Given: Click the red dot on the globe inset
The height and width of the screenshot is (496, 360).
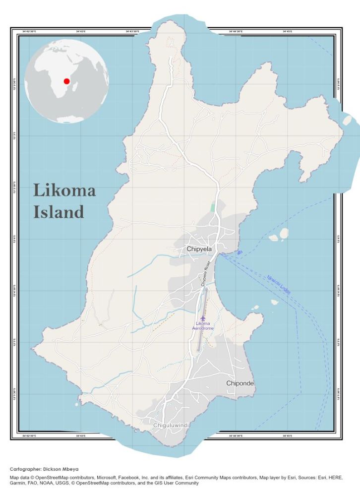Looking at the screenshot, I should [66, 81].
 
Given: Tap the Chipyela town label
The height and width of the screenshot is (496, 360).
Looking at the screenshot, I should [199, 248].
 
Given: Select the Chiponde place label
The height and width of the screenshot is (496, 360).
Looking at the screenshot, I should [240, 383].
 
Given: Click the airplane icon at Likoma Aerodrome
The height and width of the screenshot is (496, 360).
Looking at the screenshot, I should [203, 317].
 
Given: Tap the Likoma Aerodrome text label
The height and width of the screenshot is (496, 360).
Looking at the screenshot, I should [203, 326].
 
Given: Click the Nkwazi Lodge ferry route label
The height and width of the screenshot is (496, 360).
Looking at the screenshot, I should [279, 284].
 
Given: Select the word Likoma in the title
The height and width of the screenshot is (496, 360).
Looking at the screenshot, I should [64, 190].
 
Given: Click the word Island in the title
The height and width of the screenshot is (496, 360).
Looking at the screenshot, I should [59, 212].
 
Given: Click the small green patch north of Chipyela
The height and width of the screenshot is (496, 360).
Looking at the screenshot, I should [213, 207].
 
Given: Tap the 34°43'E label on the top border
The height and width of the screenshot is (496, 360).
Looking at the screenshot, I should [81, 31].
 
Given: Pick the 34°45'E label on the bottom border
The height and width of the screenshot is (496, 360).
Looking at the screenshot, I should [288, 436].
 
